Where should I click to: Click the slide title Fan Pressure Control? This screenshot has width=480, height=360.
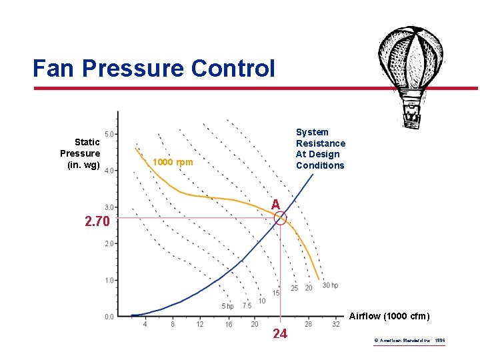[x=153, y=68]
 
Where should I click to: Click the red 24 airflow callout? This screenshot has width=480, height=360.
[x=280, y=334]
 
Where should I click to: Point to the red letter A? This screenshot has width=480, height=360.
[x=275, y=205]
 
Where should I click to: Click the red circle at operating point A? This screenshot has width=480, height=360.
[x=280, y=218]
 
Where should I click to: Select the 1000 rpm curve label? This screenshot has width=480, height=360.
[x=173, y=162]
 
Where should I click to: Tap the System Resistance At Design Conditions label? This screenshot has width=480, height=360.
[x=321, y=149]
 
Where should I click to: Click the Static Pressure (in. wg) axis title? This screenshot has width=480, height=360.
[x=81, y=153]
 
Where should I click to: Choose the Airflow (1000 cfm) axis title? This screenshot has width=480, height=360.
[x=389, y=315]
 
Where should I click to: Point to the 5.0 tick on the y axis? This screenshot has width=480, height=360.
[x=109, y=134]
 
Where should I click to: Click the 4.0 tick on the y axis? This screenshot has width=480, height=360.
[x=109, y=171]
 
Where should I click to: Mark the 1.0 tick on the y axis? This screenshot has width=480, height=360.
[x=109, y=280]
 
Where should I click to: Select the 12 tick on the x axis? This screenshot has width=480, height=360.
[x=200, y=325]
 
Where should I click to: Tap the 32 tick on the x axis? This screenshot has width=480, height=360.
[x=335, y=325]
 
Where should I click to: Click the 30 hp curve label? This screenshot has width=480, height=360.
[x=331, y=286]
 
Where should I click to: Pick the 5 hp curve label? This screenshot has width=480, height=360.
[x=227, y=306]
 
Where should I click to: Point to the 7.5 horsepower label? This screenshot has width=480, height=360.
[x=247, y=306]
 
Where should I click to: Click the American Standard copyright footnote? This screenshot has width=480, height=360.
[x=410, y=341]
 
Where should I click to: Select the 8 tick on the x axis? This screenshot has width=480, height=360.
[x=173, y=325]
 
